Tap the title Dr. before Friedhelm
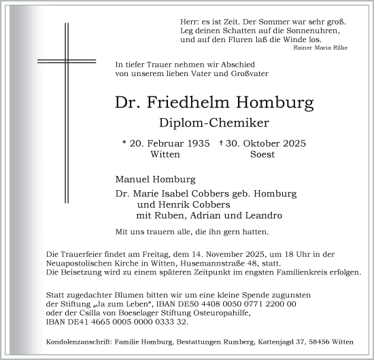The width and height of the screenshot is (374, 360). [x=129, y=104]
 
